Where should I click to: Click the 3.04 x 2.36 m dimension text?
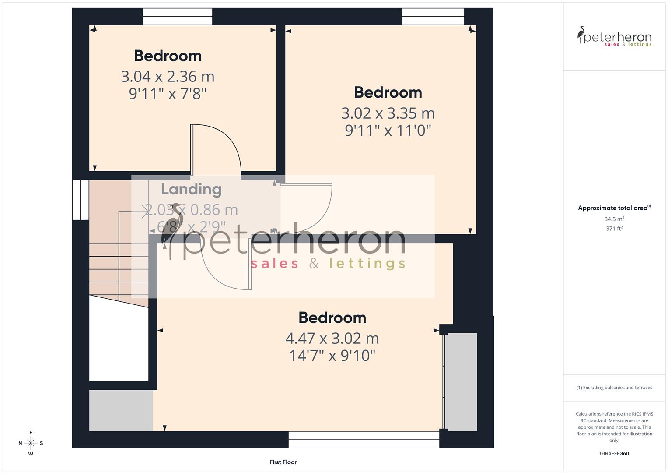click(168, 77)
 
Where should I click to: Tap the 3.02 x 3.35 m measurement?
click(388, 113)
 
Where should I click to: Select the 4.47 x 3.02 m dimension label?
click(332, 339)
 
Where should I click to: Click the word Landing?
click(191, 189)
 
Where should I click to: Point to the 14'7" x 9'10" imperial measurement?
click(332, 356)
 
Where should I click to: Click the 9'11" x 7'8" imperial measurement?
click(168, 94)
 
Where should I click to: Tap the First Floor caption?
click(283, 462)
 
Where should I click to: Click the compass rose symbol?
click(31, 443)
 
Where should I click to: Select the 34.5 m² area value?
click(614, 219)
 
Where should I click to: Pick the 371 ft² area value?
click(614, 229)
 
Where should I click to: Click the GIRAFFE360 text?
click(614, 454)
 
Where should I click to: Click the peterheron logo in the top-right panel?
click(614, 37)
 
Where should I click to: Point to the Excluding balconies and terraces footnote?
click(614, 388)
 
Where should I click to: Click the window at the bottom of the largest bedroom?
click(364, 439)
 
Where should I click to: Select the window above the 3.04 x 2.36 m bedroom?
click(178, 17)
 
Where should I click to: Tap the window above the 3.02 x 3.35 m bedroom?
click(433, 17)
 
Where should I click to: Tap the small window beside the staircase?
click(80, 200)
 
